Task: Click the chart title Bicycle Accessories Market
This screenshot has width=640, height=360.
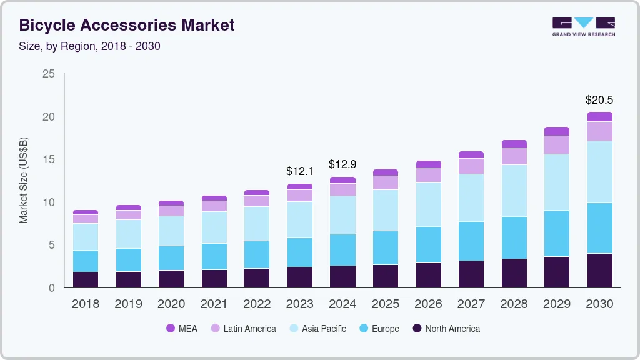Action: coord(127,26)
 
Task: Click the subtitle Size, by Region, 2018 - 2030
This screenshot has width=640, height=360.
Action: coord(89,46)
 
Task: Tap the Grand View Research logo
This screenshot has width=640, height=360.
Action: coord(583,26)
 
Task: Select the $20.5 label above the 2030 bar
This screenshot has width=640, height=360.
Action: coord(599,100)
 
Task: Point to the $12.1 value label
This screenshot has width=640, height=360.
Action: coord(299,171)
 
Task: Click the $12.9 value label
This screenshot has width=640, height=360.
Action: coord(342,164)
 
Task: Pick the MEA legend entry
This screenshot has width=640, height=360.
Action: coord(181,329)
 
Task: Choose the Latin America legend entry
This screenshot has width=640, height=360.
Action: coord(242,329)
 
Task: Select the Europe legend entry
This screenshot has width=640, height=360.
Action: coord(378,329)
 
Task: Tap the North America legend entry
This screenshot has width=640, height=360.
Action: coord(446,329)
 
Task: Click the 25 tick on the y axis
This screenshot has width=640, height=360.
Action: coord(48,74)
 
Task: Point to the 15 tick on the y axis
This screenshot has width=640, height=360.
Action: coord(48,160)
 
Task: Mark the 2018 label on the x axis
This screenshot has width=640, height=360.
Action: coord(85,304)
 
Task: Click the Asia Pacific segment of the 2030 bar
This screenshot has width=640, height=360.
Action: coord(599,172)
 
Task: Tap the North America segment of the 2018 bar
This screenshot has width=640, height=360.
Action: coord(86,280)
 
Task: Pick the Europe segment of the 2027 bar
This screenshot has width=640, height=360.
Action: coord(471,241)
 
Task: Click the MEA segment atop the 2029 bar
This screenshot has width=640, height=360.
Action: coord(556,131)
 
